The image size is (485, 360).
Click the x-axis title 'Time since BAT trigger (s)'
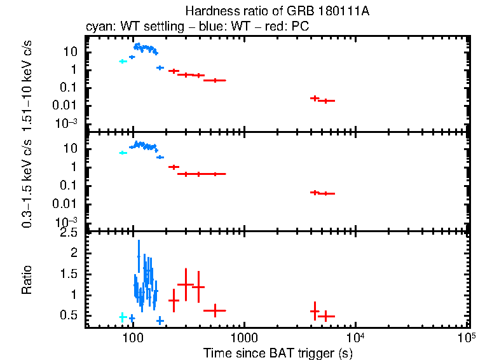(x=277, y=352)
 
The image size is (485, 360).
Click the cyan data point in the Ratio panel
(x=123, y=317)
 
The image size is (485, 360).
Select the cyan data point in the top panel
(x=123, y=61)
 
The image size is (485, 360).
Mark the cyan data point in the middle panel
(x=123, y=153)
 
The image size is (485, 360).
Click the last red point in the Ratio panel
(x=325, y=315)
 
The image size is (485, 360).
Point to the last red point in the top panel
(x=325, y=100)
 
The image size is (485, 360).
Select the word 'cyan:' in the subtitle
(x=99, y=28)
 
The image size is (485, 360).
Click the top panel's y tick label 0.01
(x=69, y=106)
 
